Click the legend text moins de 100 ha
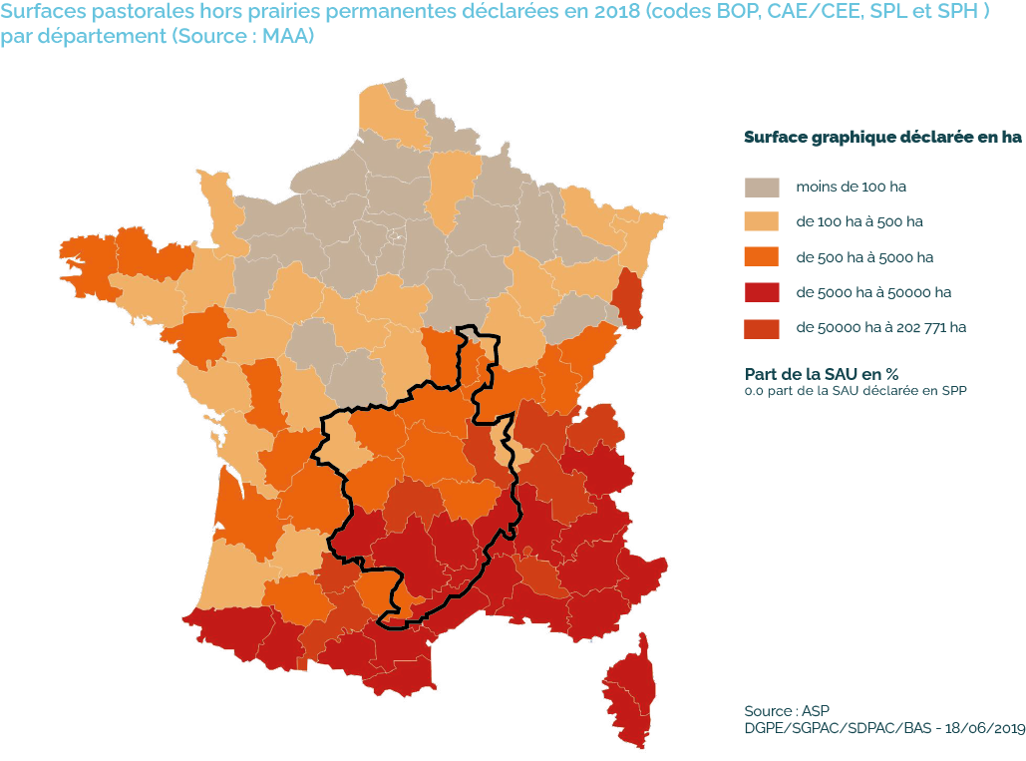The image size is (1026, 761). [x=851, y=187]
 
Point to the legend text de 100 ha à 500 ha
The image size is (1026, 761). [x=864, y=221]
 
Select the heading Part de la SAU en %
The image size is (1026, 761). [x=822, y=373]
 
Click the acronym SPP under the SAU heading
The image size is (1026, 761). [x=954, y=390]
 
